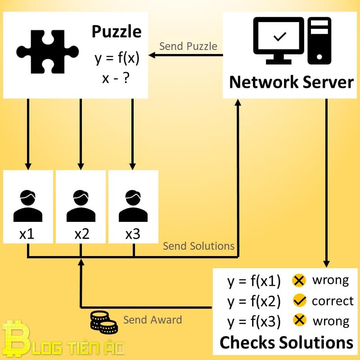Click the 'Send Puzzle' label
point(188,46)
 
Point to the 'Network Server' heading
point(291,82)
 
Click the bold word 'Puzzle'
point(116,32)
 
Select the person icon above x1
point(28,206)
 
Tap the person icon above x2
point(81,206)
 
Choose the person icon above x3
point(134,206)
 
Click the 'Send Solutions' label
point(198,246)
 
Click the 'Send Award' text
point(153,320)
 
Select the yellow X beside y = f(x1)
point(299,280)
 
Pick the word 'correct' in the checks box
point(333,301)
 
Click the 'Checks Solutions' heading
point(286,342)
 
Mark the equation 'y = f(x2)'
point(254,301)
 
